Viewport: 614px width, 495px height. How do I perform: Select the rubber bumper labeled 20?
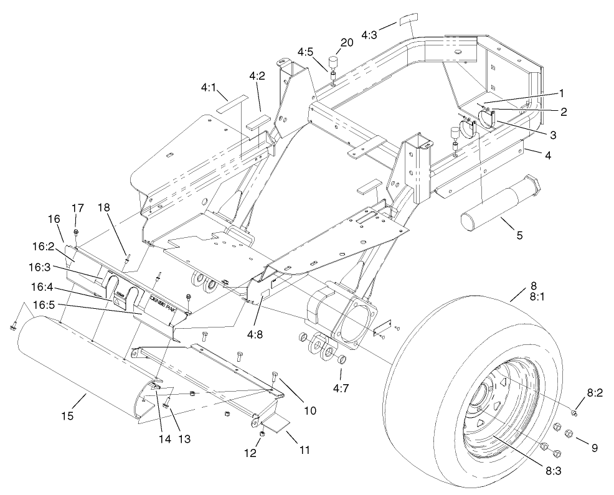coord(333,63)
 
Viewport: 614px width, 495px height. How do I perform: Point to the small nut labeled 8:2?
coord(575,413)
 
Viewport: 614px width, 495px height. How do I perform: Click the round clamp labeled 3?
coord(486,118)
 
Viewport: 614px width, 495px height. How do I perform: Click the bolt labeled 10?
coord(276,377)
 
